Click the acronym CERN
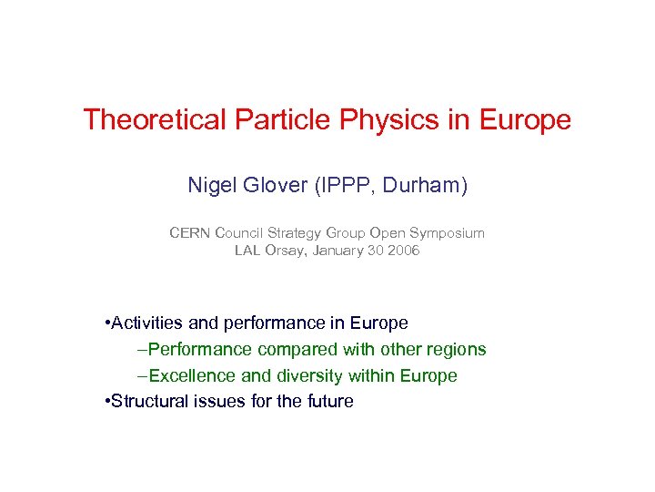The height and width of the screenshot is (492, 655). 189,232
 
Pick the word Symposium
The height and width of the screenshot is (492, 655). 448,232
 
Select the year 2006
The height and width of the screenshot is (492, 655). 402,250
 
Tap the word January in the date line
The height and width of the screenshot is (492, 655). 339,250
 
